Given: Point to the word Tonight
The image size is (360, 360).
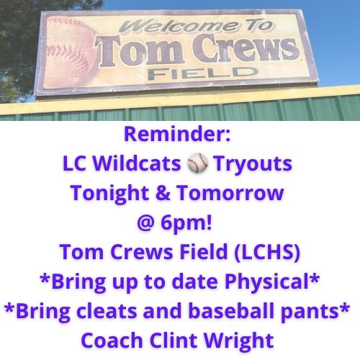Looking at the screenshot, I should pos(122,193).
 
